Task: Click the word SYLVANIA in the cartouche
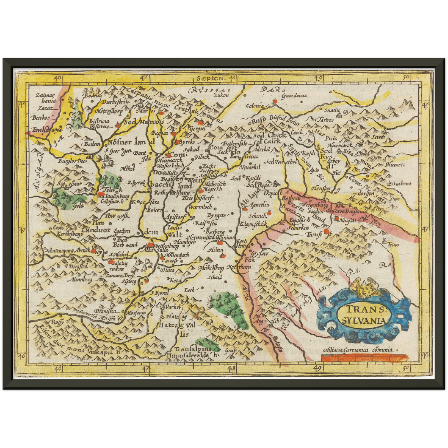[x=365, y=320]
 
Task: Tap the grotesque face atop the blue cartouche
[x=362, y=288]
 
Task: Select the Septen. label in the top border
[x=210, y=78]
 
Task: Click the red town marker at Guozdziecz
[x=275, y=101]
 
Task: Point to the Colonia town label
[x=255, y=106]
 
